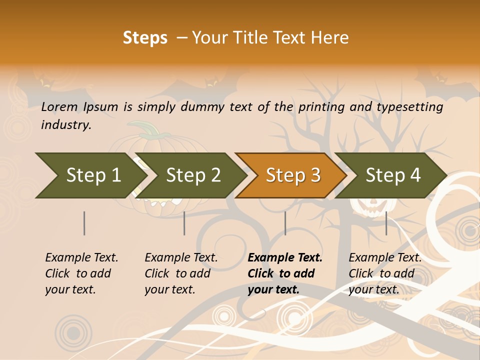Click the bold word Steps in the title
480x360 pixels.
click(145, 38)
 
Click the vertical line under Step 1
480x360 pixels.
click(84, 223)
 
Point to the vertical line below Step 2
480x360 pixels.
click(184, 223)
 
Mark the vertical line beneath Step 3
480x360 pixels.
click(285, 223)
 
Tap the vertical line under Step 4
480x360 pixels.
click(386, 223)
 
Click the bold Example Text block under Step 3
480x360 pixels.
click(285, 273)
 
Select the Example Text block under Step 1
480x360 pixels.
click(81, 273)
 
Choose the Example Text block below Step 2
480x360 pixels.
click(181, 273)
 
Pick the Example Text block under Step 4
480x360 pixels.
click(385, 273)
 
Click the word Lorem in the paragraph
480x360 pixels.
click(59, 106)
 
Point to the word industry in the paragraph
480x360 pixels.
click(65, 124)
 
